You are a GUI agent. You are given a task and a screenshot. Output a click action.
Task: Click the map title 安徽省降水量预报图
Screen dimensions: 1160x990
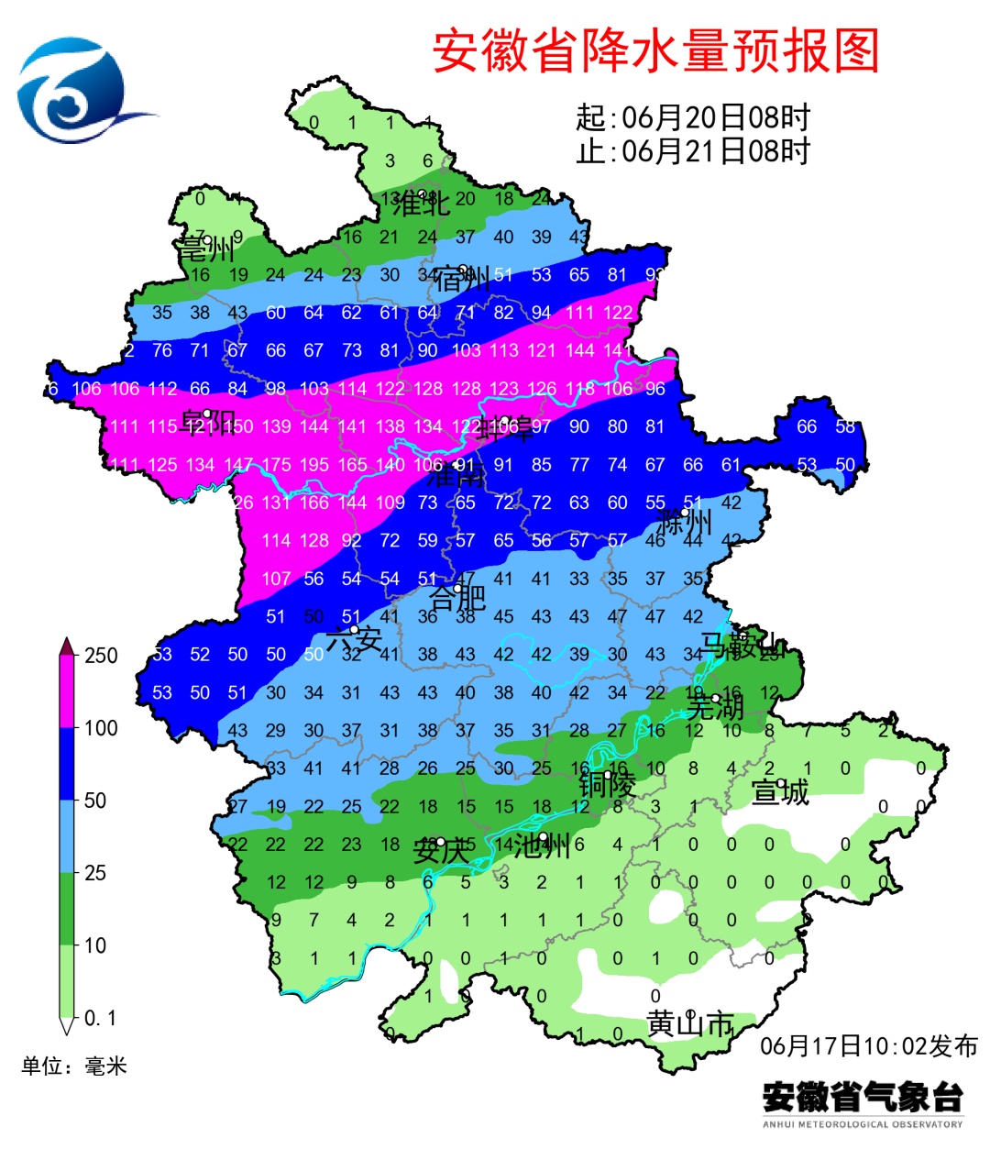(x=655, y=50)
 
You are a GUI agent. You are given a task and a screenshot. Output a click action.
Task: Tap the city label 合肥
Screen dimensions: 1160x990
(x=457, y=598)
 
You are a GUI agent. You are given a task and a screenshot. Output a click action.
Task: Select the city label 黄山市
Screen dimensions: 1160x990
(x=689, y=1023)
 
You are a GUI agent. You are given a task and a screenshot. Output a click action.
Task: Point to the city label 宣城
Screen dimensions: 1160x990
(x=780, y=791)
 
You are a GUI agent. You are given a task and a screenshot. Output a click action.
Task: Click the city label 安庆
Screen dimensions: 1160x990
(x=442, y=850)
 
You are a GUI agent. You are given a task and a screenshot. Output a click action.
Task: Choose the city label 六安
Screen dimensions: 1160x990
(x=354, y=638)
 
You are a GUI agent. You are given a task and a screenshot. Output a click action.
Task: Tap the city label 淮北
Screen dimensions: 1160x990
(x=421, y=204)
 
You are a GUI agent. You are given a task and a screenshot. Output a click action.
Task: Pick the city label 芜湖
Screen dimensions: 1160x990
(x=715, y=707)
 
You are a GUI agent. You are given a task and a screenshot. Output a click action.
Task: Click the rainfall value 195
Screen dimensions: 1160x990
(x=313, y=465)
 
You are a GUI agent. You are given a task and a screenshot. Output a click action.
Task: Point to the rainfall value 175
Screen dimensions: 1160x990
(x=276, y=465)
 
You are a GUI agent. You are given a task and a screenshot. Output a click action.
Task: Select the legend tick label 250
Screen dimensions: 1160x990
(x=101, y=656)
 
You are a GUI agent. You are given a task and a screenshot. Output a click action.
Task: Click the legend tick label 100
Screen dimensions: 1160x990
(x=101, y=728)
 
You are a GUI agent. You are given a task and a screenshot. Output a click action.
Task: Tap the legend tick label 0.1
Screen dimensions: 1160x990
(x=100, y=1018)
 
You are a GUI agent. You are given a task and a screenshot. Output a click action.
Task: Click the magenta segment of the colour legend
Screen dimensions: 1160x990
(x=67, y=691)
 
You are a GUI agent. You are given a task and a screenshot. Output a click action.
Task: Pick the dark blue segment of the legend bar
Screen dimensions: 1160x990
(x=67, y=764)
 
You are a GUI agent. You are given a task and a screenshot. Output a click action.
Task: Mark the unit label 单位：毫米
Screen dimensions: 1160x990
(x=74, y=1066)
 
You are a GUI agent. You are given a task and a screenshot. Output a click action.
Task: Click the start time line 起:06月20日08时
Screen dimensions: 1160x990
(x=693, y=117)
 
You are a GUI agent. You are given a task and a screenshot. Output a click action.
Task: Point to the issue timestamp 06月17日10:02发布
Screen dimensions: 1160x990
(x=868, y=1045)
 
